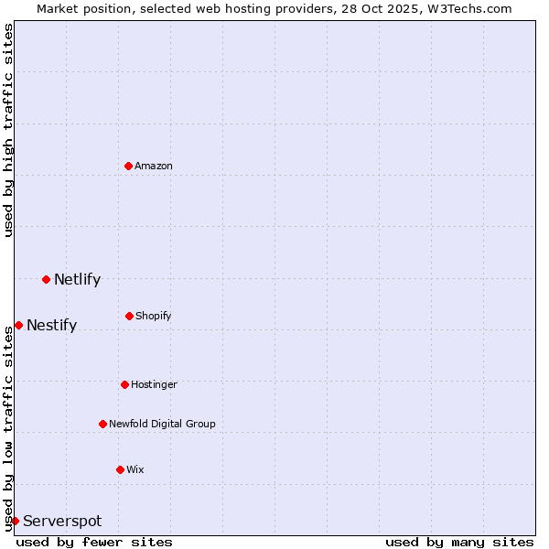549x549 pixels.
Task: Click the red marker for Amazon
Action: click(128, 166)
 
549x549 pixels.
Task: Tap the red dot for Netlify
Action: click(46, 279)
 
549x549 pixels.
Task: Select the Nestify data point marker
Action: click(18, 325)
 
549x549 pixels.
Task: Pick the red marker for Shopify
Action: click(129, 316)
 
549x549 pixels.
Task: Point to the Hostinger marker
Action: click(124, 384)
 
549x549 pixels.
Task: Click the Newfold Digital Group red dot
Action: click(102, 424)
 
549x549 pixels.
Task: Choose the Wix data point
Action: click(120, 469)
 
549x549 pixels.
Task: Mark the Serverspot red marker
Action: click(15, 521)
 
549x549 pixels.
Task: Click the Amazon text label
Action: click(154, 166)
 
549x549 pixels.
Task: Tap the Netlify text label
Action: click(77, 279)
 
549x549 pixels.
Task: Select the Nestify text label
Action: click(51, 325)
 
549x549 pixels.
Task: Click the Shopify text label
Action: click(154, 316)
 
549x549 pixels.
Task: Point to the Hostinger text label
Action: click(154, 384)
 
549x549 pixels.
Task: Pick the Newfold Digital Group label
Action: click(162, 424)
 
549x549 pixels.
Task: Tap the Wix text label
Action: click(135, 469)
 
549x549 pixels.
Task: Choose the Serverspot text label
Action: click(62, 521)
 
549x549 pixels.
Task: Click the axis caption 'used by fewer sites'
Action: click(94, 542)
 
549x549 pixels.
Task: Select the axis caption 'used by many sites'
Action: click(459, 542)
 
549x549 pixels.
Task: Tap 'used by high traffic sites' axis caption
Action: click(8, 130)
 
